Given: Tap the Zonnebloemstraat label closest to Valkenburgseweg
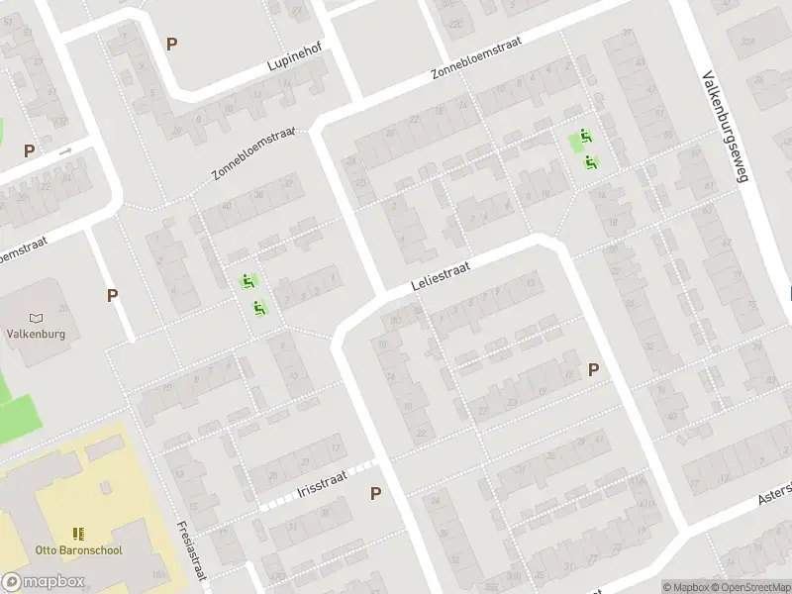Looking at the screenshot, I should pyautogui.click(x=476, y=58).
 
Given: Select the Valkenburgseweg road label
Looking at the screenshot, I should pyautogui.click(x=726, y=126).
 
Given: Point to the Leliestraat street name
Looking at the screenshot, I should pyautogui.click(x=439, y=276).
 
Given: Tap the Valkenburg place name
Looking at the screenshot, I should pyautogui.click(x=37, y=334).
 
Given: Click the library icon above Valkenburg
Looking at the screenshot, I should pyautogui.click(x=37, y=318).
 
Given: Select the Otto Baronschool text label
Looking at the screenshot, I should pyautogui.click(x=79, y=549).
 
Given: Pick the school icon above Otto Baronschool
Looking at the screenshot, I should pyautogui.click(x=79, y=534).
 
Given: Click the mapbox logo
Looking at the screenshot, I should pyautogui.click(x=43, y=582).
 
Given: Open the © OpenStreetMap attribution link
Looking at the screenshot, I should pyautogui.click(x=750, y=587).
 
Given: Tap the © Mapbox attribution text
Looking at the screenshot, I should pyautogui.click(x=685, y=587).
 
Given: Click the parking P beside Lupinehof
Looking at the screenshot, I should pyautogui.click(x=172, y=44).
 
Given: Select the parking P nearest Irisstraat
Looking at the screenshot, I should pyautogui.click(x=375, y=493).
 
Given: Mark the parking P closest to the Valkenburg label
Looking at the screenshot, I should pyautogui.click(x=113, y=295).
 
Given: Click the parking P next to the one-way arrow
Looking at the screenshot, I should pyautogui.click(x=30, y=151).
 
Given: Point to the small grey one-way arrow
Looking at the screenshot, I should pyautogui.click(x=65, y=151).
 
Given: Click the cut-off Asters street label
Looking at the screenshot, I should pyautogui.click(x=776, y=493).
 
